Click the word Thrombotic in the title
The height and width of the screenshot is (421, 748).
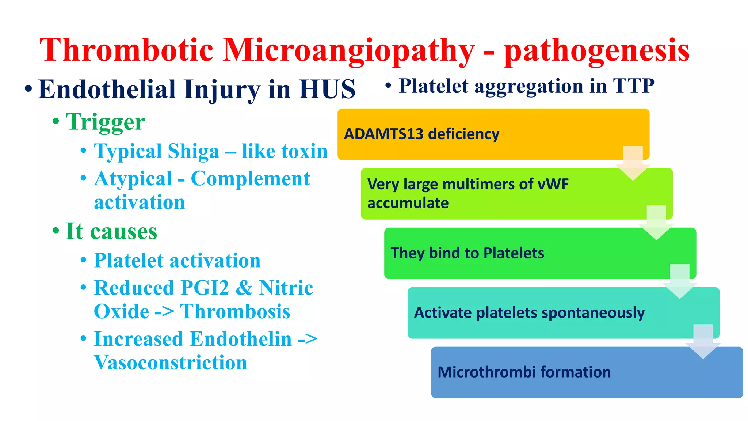(126, 50)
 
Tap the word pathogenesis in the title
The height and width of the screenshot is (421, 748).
(597, 51)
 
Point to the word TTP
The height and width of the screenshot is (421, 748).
(634, 86)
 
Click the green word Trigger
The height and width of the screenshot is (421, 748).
(105, 122)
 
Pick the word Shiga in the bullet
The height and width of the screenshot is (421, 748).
(193, 151)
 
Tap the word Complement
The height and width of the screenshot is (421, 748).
(250, 179)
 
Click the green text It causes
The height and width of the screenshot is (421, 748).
(111, 231)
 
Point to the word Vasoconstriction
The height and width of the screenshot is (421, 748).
(171, 363)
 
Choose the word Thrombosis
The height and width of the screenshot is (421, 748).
(235, 311)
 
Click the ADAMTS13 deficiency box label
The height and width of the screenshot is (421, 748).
(421, 134)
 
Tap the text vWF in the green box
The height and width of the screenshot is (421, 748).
(553, 184)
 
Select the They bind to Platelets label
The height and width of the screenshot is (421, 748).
(467, 253)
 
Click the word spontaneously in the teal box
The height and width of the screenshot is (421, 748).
(593, 313)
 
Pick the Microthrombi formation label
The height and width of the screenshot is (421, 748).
(524, 372)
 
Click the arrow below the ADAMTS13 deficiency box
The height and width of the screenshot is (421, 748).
(633, 163)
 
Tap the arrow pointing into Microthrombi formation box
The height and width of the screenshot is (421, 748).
(703, 342)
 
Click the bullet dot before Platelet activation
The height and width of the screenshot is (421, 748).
(84, 260)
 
